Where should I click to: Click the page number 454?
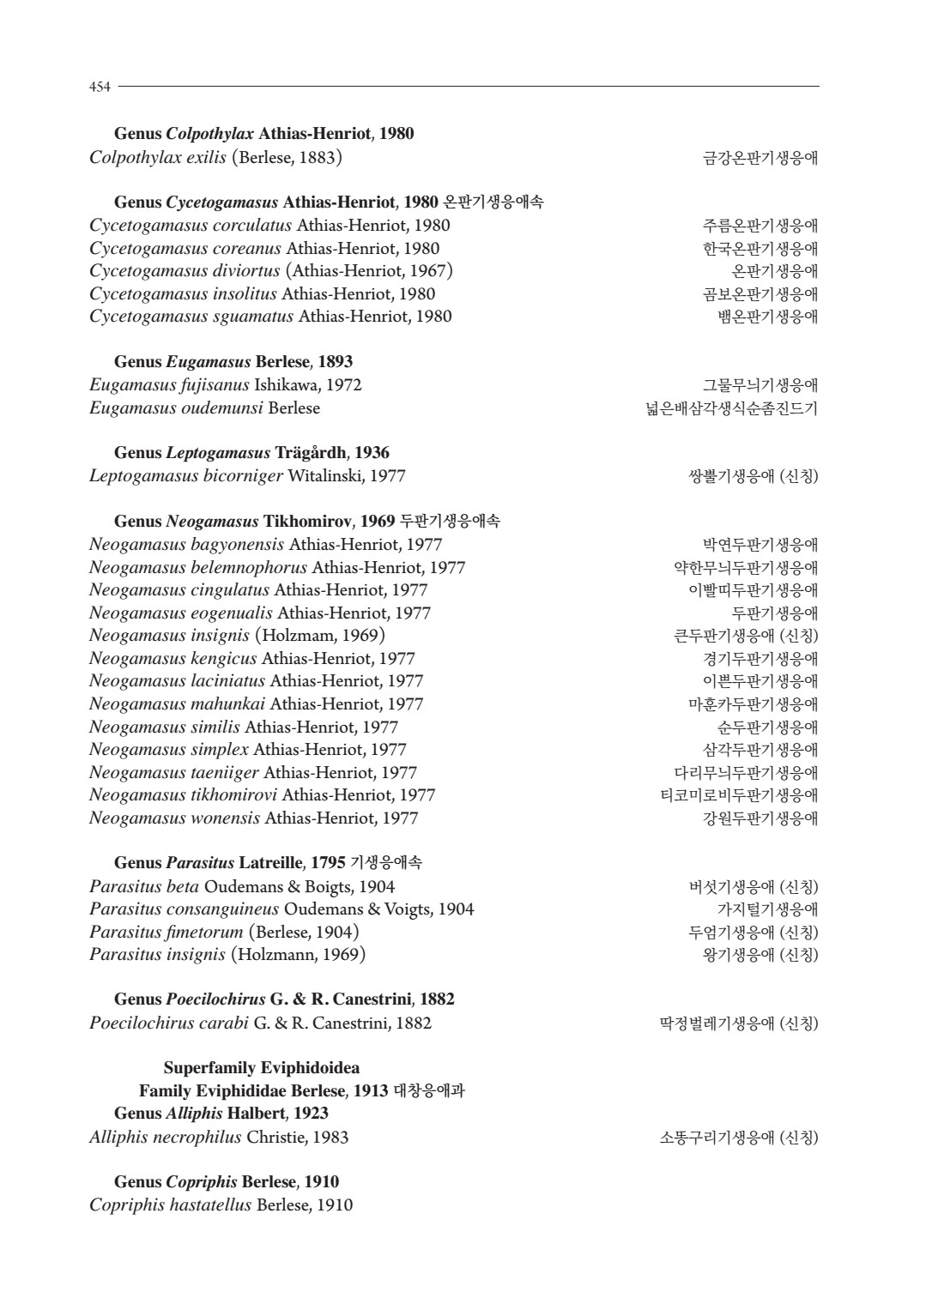pos(100,87)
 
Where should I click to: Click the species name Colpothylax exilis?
pos(158,158)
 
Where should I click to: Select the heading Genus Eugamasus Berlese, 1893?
pos(233,362)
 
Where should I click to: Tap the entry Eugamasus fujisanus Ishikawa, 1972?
pos(226,385)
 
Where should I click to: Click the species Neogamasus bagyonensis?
pos(187,545)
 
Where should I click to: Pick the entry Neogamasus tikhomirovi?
pos(184,795)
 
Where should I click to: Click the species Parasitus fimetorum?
pos(166,932)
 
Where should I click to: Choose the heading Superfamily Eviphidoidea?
pos(262,1068)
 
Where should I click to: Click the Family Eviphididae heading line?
pos(302,1091)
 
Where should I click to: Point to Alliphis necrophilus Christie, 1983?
pos(219,1138)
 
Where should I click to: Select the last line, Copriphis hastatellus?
pos(221,1205)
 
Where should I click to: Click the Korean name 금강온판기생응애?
pos(759,159)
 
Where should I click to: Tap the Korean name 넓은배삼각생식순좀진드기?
pos(732,408)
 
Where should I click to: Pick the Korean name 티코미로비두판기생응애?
pos(739,795)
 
